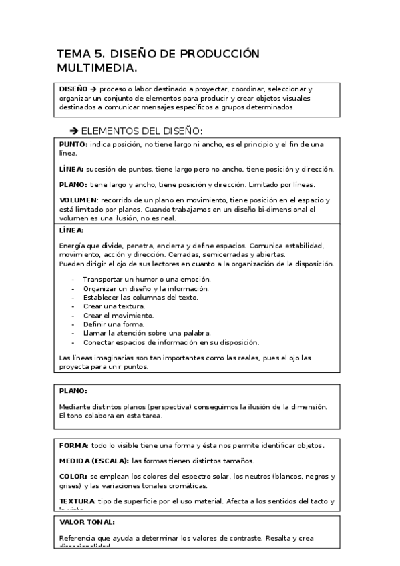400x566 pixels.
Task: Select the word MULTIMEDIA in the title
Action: click(97, 68)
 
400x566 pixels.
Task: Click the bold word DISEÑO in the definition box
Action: click(73, 89)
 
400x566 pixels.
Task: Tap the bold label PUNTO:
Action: click(73, 144)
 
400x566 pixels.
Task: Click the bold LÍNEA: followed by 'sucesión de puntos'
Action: click(71, 169)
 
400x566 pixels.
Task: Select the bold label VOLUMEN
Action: click(78, 200)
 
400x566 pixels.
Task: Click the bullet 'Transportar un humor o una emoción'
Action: click(147, 279)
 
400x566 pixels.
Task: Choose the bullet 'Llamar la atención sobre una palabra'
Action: click(147, 332)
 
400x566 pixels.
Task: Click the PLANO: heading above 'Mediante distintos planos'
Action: click(73, 390)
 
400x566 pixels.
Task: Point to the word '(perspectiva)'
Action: click(167, 406)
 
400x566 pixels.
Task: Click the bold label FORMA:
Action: click(73, 445)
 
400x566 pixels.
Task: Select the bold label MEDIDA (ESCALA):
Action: click(93, 461)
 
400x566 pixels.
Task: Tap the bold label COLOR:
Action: click(73, 477)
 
